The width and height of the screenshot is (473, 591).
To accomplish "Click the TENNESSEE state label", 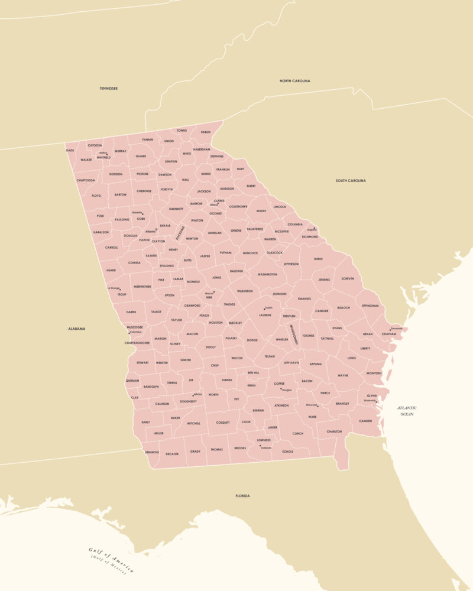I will tap(109, 89).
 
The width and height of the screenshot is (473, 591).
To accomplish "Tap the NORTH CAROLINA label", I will tap(295, 81).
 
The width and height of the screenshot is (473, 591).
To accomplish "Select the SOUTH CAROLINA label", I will tap(351, 180).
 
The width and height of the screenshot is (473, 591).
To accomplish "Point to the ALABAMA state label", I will tap(76, 329).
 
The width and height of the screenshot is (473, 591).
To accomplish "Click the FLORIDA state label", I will tap(242, 496).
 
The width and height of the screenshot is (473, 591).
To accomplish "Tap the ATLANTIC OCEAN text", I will tap(407, 411).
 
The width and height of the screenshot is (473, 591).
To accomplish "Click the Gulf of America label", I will tap(112, 560).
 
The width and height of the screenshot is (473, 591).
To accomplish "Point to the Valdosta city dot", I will tap(260, 445).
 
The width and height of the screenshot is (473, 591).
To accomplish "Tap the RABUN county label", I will tap(205, 132).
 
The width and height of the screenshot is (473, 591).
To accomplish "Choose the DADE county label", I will tap(70, 150).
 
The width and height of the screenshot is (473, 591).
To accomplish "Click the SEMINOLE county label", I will tap(152, 452).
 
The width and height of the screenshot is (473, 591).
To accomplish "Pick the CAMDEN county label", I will tap(365, 421).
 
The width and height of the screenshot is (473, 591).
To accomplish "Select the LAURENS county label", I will tap(265, 315).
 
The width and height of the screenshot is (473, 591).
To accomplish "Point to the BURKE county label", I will tap(318, 259).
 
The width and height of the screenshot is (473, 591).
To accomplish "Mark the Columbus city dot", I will tap(129, 333).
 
